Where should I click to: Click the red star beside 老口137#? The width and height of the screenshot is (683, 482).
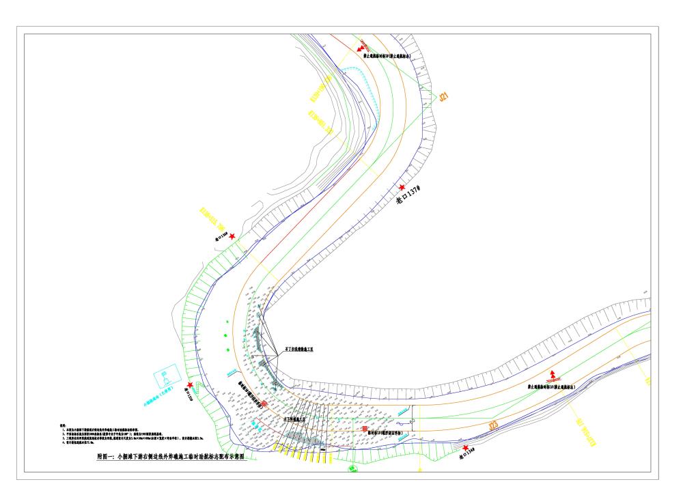[402, 188]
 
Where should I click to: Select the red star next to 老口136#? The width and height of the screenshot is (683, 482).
[233, 236]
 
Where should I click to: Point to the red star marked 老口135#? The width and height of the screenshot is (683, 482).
[190, 386]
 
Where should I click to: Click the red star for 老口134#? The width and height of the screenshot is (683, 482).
[466, 449]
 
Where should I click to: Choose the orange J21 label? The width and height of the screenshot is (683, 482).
[445, 98]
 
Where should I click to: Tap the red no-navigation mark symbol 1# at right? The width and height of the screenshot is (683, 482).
[554, 375]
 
